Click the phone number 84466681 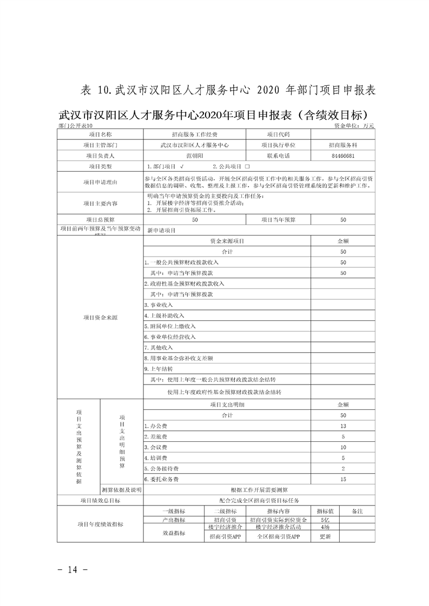(342, 156)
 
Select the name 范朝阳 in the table (194, 156)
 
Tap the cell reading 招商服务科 (342, 145)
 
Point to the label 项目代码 (279, 134)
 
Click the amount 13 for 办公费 (342, 426)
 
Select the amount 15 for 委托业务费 (342, 479)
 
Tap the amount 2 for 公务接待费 (342, 468)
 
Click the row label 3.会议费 (156, 447)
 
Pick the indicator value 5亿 (325, 520)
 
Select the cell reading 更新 (325, 537)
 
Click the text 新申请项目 (162, 230)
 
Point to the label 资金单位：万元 (354, 125)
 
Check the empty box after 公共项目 (247, 167)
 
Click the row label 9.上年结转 (159, 369)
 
